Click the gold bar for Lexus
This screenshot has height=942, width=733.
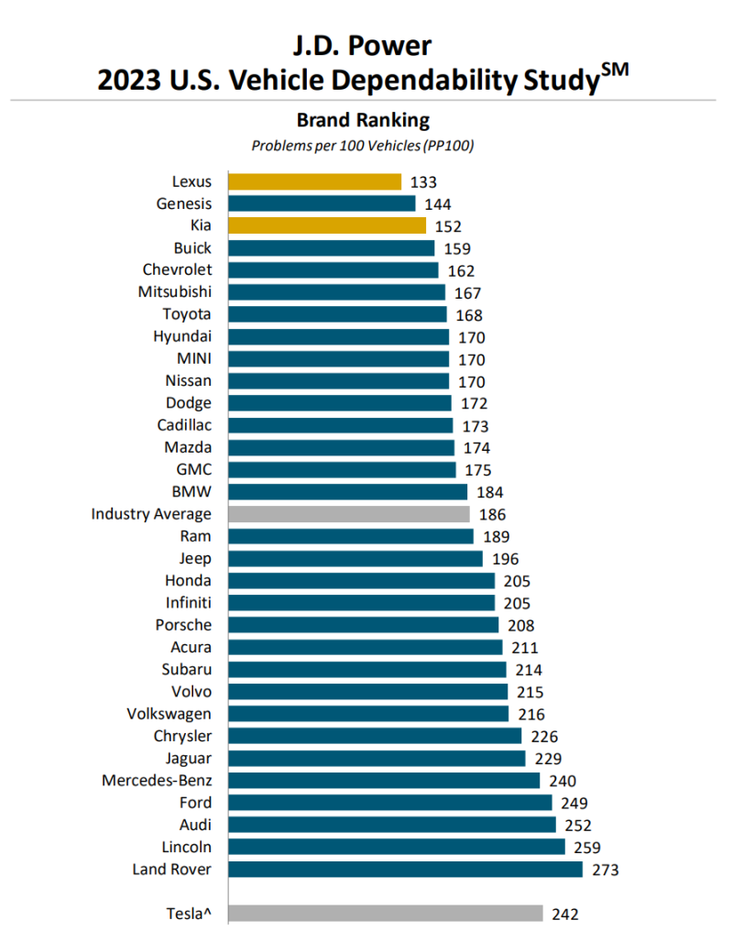point(314,181)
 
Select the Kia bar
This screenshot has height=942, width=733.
point(327,225)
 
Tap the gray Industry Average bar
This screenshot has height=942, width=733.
point(349,514)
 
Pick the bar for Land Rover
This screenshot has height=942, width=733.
point(405,869)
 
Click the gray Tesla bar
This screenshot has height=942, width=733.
point(385,913)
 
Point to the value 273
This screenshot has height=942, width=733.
point(605,870)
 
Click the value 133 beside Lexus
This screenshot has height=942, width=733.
point(424,182)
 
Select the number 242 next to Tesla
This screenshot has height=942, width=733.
point(564,914)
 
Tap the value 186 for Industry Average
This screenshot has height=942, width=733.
point(492,515)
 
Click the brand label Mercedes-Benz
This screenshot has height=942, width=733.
point(157,781)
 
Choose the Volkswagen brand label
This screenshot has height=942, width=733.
point(170,714)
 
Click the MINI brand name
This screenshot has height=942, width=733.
point(193,358)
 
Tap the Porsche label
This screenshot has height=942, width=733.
point(183,625)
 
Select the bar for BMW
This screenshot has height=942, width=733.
point(348,492)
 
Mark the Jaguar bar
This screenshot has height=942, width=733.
point(377,758)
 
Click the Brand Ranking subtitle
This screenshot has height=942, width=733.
point(363,119)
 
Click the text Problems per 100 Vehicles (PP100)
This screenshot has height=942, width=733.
point(363,145)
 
